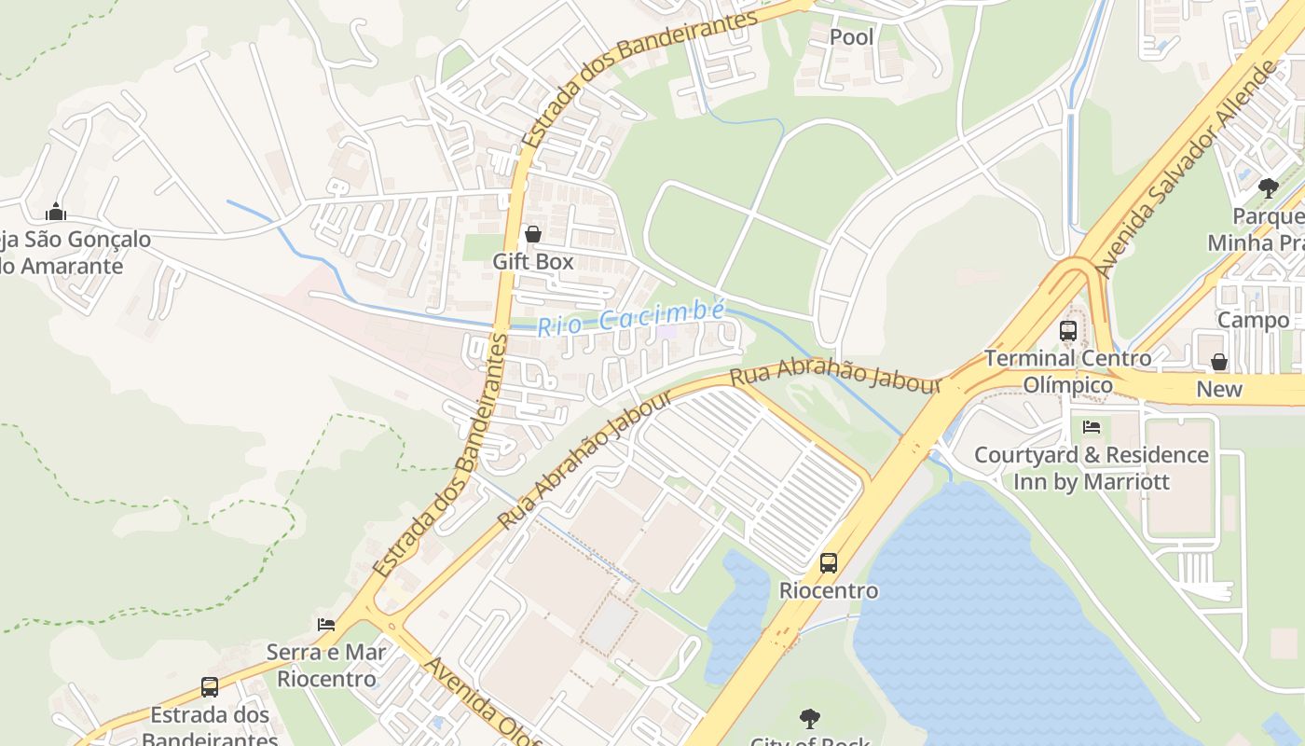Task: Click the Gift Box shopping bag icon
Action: point(533,234)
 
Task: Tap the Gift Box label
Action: point(533,261)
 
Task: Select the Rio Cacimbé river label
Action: point(631,318)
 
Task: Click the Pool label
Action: point(852,36)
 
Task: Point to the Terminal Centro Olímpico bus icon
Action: point(1068,331)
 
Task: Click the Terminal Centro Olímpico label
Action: point(1068,371)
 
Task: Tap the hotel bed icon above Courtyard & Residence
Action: point(1092,427)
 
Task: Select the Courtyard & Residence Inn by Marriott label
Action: point(1092,468)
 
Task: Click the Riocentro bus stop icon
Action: point(829,563)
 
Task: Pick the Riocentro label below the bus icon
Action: point(829,590)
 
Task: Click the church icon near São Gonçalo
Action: point(56,212)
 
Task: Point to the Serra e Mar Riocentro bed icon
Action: point(326,624)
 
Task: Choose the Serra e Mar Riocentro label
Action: point(326,665)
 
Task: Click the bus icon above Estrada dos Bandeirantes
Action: point(210,687)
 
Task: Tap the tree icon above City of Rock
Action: point(810,719)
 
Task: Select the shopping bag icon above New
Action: point(1219,362)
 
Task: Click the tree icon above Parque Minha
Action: point(1268,188)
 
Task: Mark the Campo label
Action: point(1254,320)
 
